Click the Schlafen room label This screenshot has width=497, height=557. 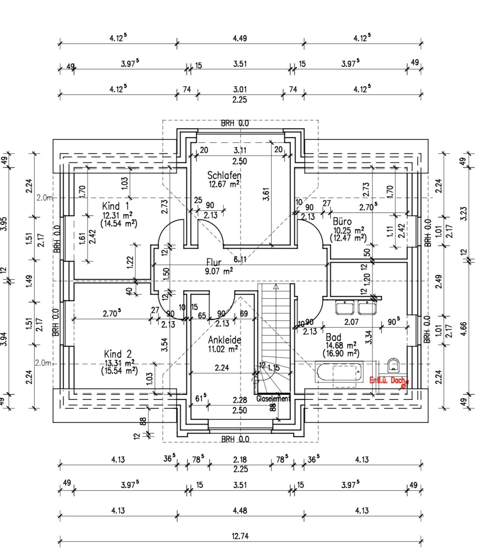[x=224, y=175]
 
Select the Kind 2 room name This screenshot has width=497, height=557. [x=118, y=354]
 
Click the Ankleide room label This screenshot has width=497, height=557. [x=225, y=340]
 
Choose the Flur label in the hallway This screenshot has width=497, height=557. [x=214, y=262]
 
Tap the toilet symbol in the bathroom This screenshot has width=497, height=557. [x=393, y=364]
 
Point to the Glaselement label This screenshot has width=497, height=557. [x=273, y=399]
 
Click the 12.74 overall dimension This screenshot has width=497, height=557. [x=240, y=536]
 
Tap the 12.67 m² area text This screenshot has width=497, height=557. [x=223, y=184]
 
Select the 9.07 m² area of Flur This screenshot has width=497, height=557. [x=219, y=271]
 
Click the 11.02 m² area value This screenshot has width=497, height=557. [x=223, y=349]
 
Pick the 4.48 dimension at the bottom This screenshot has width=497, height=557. [x=240, y=510]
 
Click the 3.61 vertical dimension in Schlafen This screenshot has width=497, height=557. [x=266, y=193]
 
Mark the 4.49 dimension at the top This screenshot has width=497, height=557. [x=240, y=38]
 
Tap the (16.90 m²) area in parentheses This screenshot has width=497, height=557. [x=341, y=353]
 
